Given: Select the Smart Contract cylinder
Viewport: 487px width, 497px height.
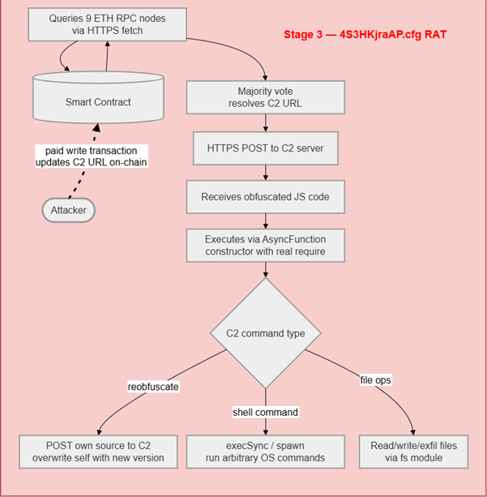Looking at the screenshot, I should [96, 101].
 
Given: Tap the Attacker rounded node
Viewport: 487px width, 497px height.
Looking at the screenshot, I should [70, 209].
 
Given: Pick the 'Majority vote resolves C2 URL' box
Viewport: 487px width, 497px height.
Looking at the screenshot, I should [266, 97].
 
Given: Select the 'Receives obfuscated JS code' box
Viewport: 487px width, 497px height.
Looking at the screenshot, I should [266, 195].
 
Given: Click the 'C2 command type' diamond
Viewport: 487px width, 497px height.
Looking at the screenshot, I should [266, 332].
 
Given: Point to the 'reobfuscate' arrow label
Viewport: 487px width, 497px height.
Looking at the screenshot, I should [154, 387].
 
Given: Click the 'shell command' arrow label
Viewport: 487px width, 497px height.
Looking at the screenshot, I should [266, 412].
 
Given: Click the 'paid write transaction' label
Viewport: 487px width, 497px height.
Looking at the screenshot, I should [96, 156].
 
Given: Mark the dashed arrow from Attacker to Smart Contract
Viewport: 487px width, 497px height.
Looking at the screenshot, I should [85, 180].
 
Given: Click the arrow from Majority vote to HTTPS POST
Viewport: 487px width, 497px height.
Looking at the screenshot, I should [266, 122].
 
